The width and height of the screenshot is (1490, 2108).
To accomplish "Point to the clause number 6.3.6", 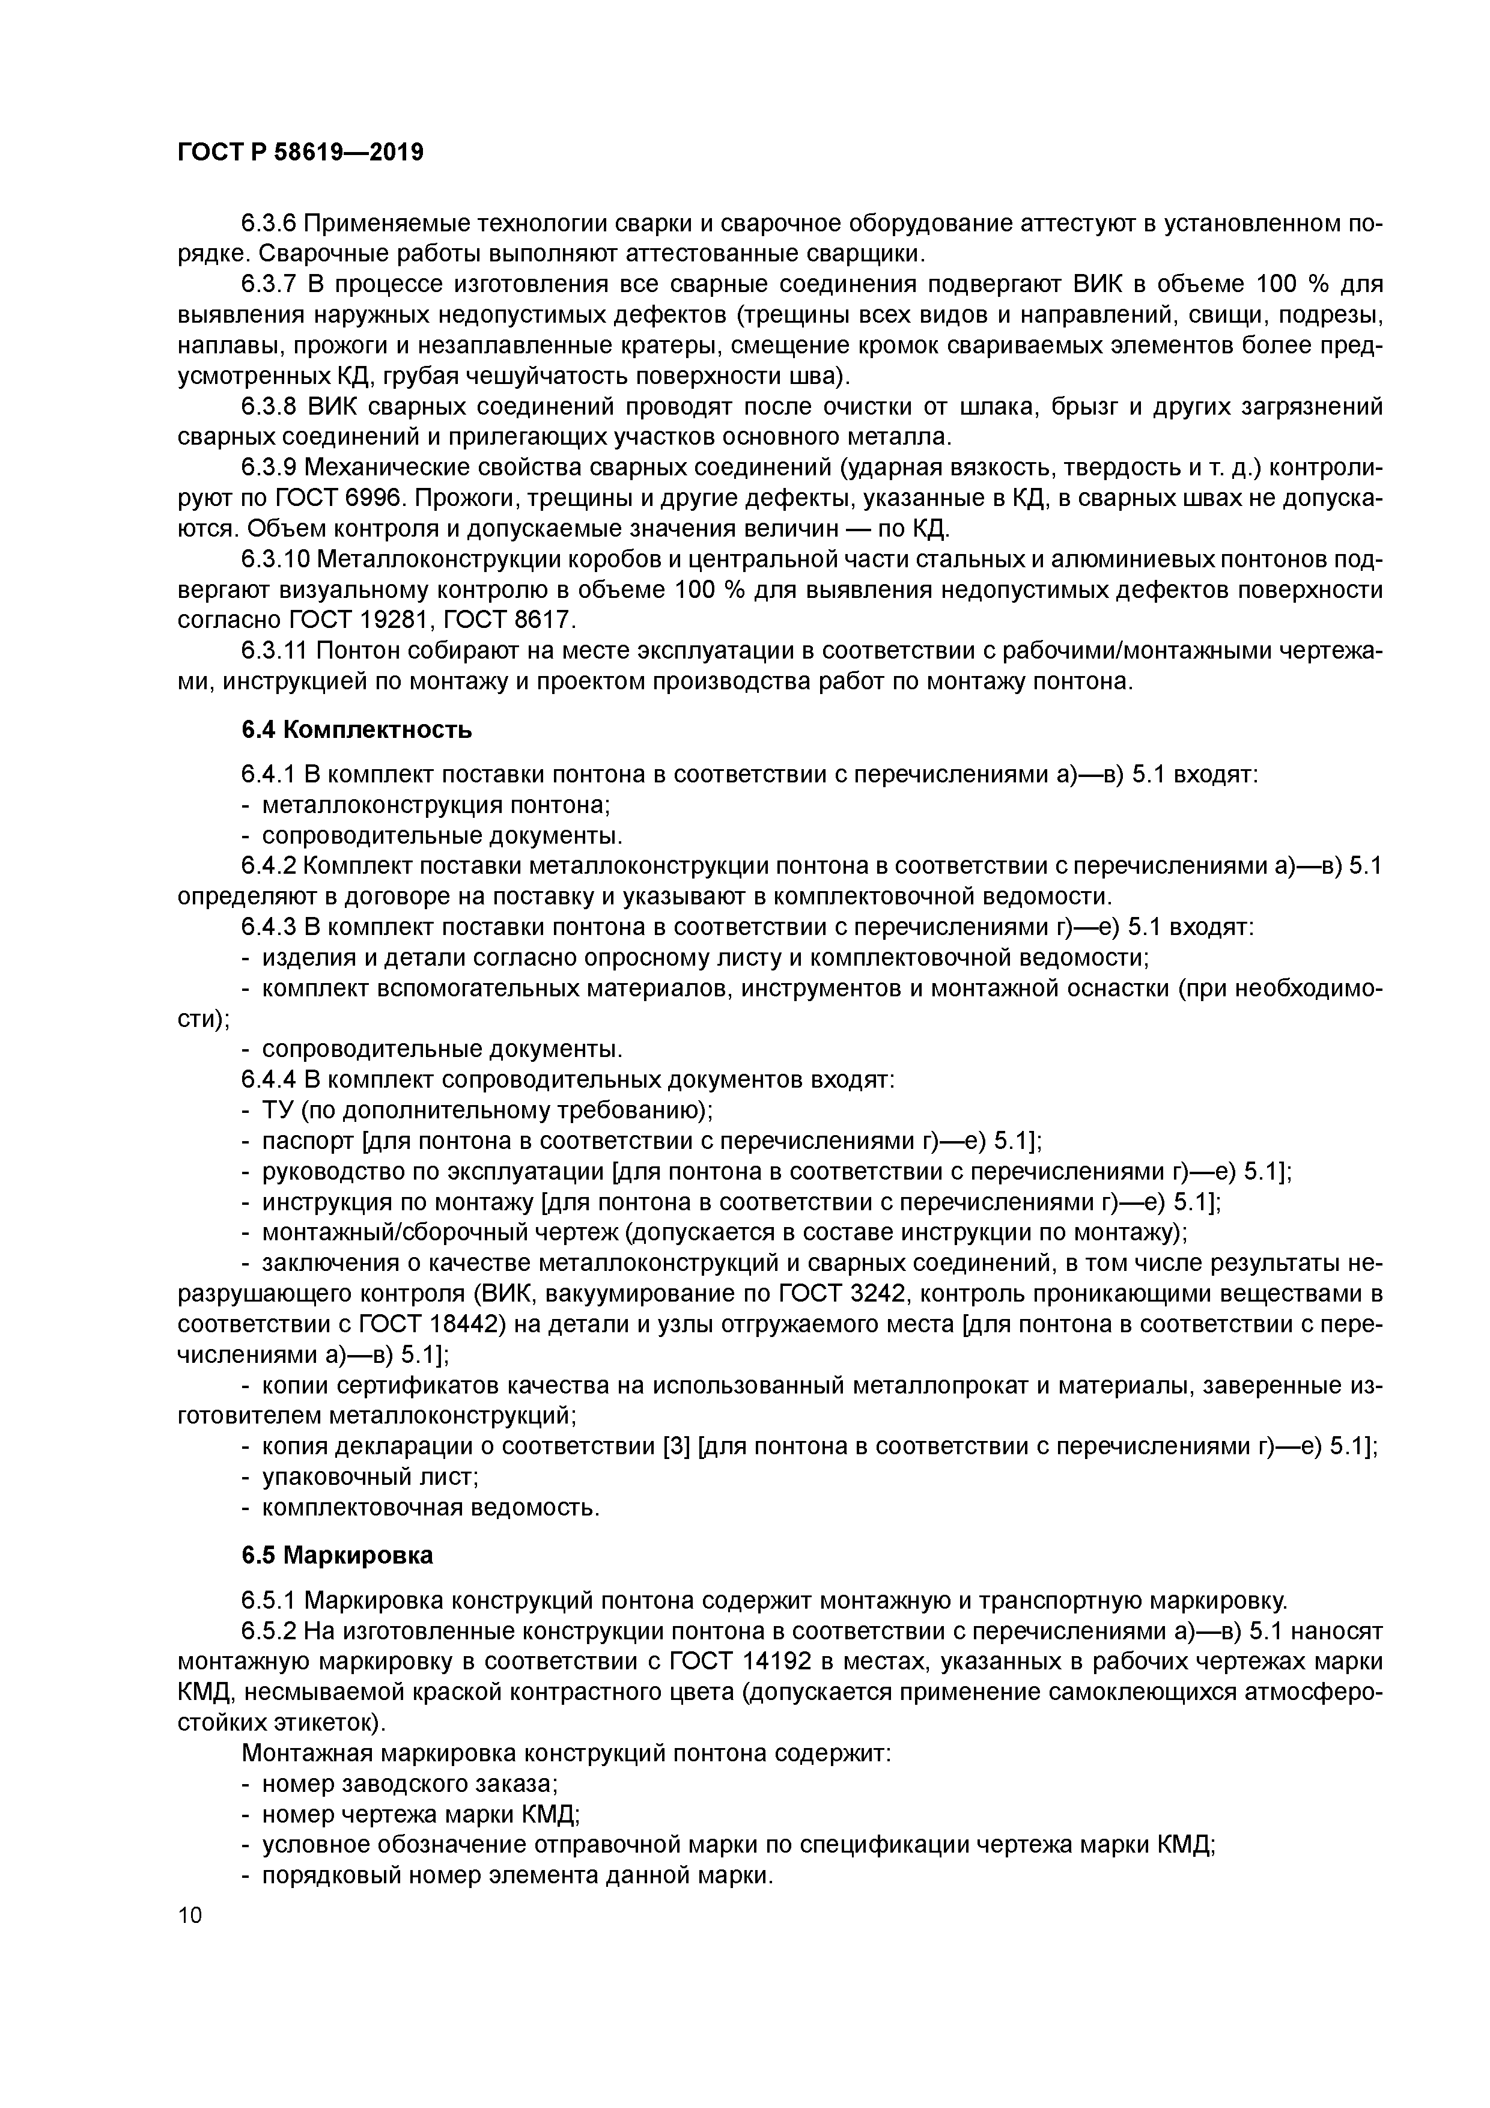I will tap(268, 223).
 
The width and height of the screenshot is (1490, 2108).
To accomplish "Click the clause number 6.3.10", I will tap(275, 560).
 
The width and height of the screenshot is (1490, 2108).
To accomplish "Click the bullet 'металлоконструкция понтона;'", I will tap(436, 805).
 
